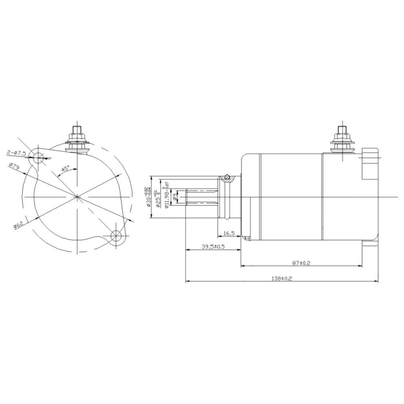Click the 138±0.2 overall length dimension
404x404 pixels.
(282, 278)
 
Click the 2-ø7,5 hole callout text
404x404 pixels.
(16, 152)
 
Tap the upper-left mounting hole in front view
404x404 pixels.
(39, 157)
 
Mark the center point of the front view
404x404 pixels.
(77, 196)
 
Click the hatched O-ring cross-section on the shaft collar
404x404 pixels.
(227, 178)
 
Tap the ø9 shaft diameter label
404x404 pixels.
(174, 197)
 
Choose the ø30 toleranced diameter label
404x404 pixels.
(148, 197)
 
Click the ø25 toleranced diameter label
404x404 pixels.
(157, 197)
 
